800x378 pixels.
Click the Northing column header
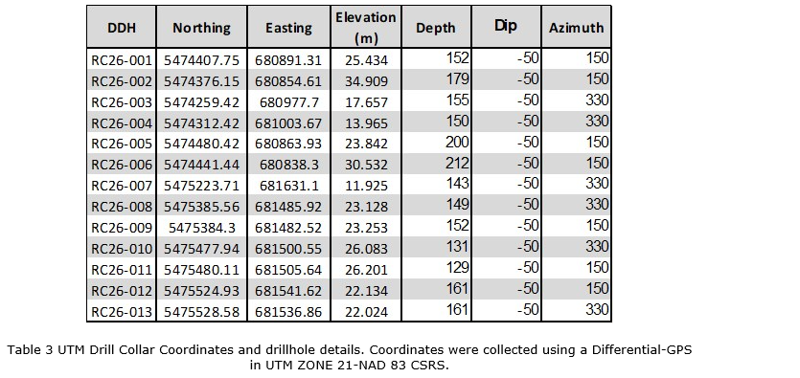click(201, 28)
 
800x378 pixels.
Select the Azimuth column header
click(576, 28)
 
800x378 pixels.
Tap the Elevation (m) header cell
click(366, 27)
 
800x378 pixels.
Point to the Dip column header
click(506, 26)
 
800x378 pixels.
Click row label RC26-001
click(122, 60)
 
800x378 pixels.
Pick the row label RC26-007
click(122, 186)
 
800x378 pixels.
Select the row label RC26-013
click(122, 312)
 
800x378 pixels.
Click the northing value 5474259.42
click(201, 102)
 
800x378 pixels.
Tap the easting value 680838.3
click(289, 165)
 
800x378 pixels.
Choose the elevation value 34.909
click(366, 81)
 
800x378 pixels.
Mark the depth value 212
click(457, 164)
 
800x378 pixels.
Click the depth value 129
click(457, 268)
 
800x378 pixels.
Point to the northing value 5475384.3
click(202, 228)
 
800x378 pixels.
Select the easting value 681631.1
click(289, 186)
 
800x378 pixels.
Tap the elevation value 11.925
click(366, 186)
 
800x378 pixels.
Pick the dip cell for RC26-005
click(528, 143)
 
